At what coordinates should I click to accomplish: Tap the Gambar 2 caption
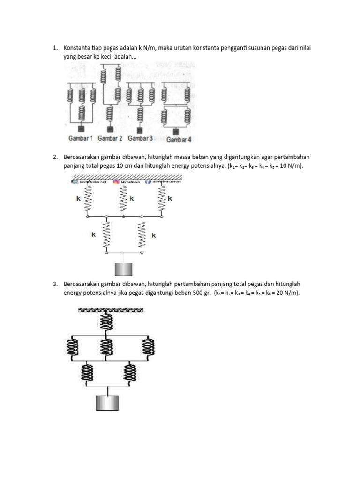point(110,138)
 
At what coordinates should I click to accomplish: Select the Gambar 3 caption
point(140,138)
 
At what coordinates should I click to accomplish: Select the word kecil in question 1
point(105,57)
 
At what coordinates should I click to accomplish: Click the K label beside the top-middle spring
point(132,199)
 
